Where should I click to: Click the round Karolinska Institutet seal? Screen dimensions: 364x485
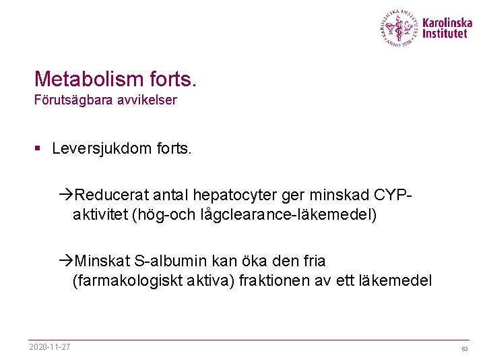point(399,28)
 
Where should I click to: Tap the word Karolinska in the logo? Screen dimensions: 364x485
point(447,22)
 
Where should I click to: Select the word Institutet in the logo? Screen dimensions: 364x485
point(445,34)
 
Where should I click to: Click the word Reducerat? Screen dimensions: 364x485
point(111,195)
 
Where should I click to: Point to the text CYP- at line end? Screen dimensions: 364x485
point(390,195)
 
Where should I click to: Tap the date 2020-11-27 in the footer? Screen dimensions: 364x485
point(51,347)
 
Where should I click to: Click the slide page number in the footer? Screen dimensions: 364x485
point(464,349)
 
